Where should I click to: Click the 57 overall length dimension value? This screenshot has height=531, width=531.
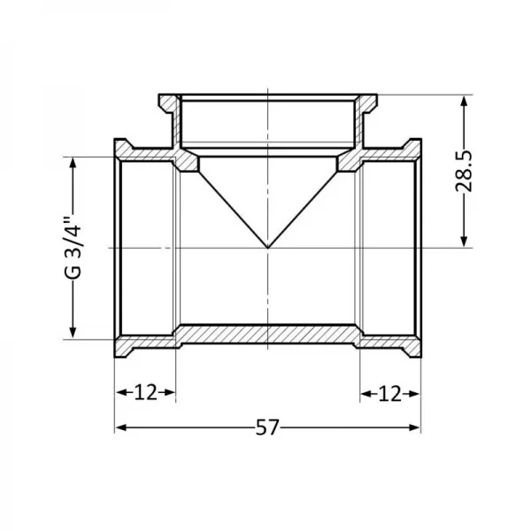click(x=267, y=427)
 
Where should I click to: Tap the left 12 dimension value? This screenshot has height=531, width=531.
click(x=146, y=392)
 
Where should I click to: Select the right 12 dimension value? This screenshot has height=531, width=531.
click(x=389, y=394)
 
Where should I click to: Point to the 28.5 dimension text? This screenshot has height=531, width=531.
click(x=464, y=171)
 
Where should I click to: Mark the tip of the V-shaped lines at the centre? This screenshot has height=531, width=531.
click(x=268, y=248)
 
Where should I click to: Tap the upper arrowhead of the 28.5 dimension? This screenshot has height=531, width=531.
click(x=465, y=101)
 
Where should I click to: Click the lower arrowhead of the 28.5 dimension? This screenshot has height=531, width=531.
click(x=465, y=242)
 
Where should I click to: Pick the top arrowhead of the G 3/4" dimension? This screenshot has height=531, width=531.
click(x=73, y=163)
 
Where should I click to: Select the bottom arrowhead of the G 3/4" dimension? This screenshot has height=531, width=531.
click(x=73, y=332)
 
